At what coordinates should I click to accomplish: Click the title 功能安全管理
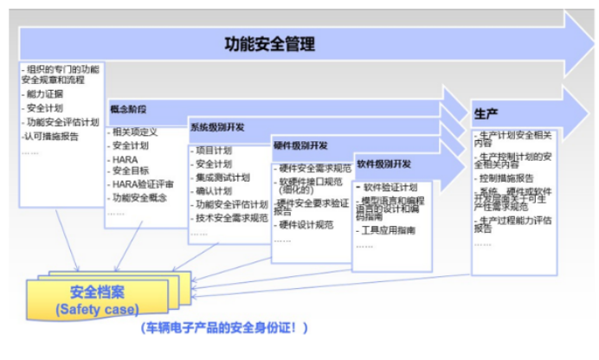269,44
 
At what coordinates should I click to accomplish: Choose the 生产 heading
485,113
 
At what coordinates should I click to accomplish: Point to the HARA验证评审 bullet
144,183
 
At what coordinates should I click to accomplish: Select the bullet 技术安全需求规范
231,218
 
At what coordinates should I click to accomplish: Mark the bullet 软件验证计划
390,187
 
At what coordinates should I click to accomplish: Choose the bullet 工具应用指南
388,230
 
